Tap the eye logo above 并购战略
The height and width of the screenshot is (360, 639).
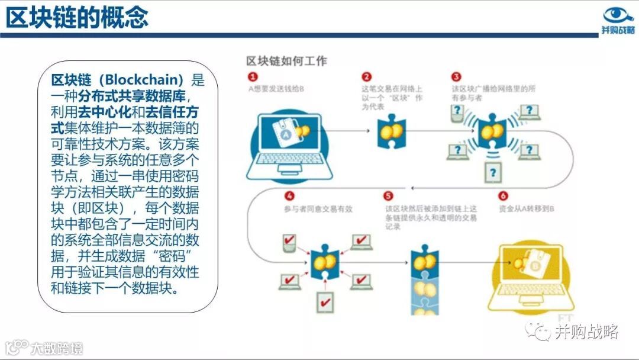(x=618, y=15)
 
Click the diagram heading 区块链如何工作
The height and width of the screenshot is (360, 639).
(x=286, y=61)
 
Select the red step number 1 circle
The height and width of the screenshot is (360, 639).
(x=253, y=77)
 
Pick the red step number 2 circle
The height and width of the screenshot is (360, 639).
(x=367, y=77)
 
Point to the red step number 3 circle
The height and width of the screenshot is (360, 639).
(x=456, y=77)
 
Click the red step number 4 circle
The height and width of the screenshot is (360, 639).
(x=289, y=196)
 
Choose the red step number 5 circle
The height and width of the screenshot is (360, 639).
(x=388, y=196)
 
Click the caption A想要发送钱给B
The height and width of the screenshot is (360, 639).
(x=276, y=89)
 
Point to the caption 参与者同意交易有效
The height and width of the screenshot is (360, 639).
(x=314, y=209)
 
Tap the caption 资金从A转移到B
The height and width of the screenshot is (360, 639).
(x=526, y=209)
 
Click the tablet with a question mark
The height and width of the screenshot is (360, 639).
(x=493, y=173)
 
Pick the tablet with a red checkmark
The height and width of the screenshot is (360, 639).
(x=325, y=302)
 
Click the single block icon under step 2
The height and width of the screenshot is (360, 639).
(x=391, y=133)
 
